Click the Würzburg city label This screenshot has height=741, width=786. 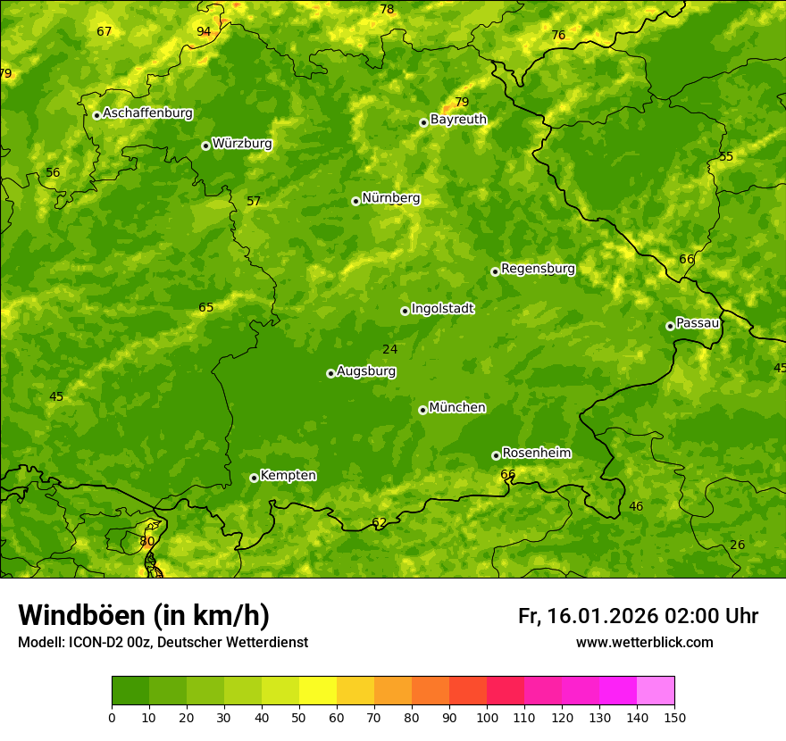point(242,144)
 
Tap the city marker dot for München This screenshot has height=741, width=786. point(422,410)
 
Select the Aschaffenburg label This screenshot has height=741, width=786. point(147,113)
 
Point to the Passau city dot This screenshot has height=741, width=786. point(670,326)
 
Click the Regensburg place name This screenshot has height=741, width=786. point(538,269)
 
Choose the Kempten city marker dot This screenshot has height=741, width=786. point(254,478)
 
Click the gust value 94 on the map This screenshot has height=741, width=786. point(204,31)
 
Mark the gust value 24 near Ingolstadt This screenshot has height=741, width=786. point(389,349)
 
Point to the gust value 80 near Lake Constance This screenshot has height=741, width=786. point(147,541)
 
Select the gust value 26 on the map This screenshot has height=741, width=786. point(737,545)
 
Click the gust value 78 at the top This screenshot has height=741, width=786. point(387,10)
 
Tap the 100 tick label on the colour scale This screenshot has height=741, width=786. point(487,717)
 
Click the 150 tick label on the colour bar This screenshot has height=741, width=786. point(674,717)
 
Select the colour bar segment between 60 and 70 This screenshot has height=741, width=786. point(355,691)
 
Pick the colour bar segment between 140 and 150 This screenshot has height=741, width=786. point(656,691)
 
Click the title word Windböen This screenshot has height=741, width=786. point(81,615)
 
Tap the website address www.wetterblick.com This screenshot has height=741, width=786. point(644,642)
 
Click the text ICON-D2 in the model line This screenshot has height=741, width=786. point(96,642)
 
